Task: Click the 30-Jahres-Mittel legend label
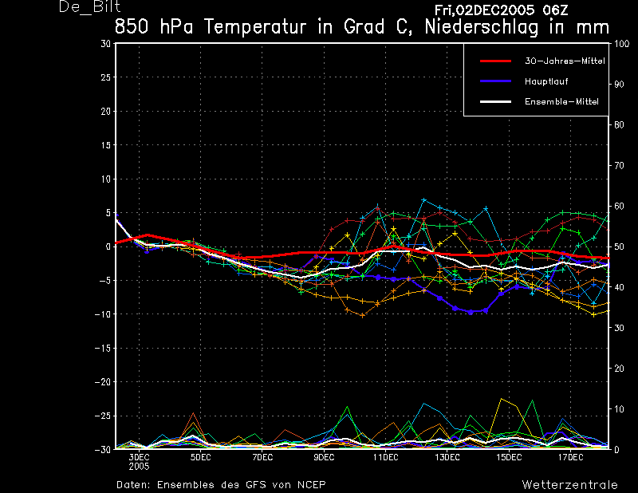pyautogui.click(x=565, y=61)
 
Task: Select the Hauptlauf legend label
pyautogui.click(x=546, y=81)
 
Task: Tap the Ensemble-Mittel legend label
pyautogui.click(x=561, y=102)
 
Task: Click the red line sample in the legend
pyautogui.click(x=495, y=61)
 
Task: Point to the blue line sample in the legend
pyautogui.click(x=495, y=81)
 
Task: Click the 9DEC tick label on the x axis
pyautogui.click(x=324, y=458)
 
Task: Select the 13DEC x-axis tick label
pyautogui.click(x=447, y=458)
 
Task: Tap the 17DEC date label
pyautogui.click(x=570, y=458)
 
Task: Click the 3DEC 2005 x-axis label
pyautogui.click(x=139, y=462)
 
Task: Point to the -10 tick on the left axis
pyautogui.click(x=103, y=314)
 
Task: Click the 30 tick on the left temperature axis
pyautogui.click(x=106, y=44)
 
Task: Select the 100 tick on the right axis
pyautogui.click(x=621, y=44)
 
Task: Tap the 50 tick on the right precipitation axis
pyautogui.click(x=619, y=246)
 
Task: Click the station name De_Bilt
pyautogui.click(x=89, y=6)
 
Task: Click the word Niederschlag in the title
pyautogui.click(x=482, y=27)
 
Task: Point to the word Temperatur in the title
pyautogui.click(x=254, y=27)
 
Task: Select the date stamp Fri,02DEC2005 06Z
pyautogui.click(x=501, y=10)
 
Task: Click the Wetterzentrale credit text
pyautogui.click(x=569, y=485)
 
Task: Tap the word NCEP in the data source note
pyautogui.click(x=311, y=485)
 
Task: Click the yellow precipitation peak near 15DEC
pyautogui.click(x=502, y=399)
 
